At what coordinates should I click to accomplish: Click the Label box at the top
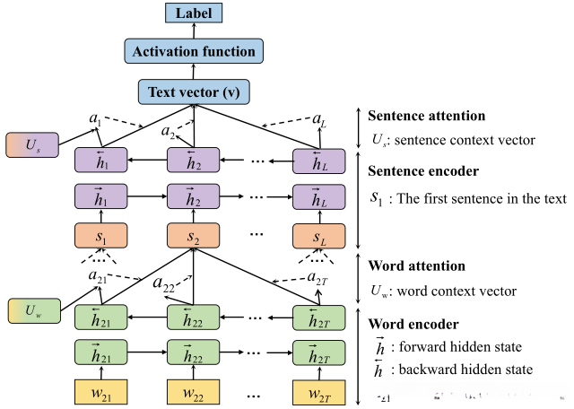click(194, 13)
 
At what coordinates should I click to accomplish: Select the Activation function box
click(194, 51)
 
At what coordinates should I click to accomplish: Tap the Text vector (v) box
click(194, 91)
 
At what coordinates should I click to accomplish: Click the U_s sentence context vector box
click(30, 145)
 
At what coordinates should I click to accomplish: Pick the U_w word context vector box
click(30, 310)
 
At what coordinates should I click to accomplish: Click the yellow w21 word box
click(100, 392)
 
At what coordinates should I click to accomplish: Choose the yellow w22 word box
click(194, 392)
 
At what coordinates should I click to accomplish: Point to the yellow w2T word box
click(319, 392)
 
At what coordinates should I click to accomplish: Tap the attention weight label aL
click(319, 118)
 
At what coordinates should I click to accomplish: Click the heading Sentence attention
click(427, 116)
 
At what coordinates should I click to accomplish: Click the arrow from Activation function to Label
click(194, 30)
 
